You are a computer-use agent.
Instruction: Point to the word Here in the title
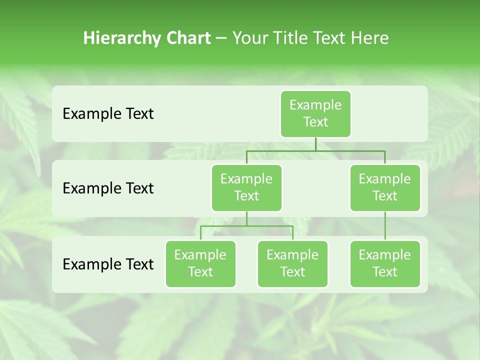(369, 38)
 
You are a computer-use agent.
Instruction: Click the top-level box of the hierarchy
(315, 114)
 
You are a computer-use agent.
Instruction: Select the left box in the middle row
(246, 188)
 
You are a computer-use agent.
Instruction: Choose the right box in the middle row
(385, 188)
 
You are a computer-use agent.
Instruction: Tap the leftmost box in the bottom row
(200, 264)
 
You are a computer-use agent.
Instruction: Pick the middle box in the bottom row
(292, 264)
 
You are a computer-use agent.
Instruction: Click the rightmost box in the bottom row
(385, 264)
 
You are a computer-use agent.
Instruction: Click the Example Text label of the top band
(108, 114)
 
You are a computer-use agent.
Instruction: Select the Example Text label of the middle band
(108, 188)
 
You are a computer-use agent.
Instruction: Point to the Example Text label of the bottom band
(108, 264)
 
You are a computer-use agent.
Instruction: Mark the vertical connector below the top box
(315, 144)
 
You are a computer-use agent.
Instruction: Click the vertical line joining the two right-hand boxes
(385, 226)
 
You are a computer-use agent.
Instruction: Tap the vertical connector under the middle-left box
(246, 218)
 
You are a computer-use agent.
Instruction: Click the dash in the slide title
(221, 38)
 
